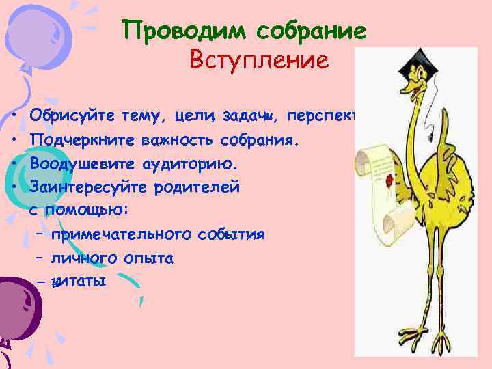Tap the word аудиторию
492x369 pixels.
pos(195,165)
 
